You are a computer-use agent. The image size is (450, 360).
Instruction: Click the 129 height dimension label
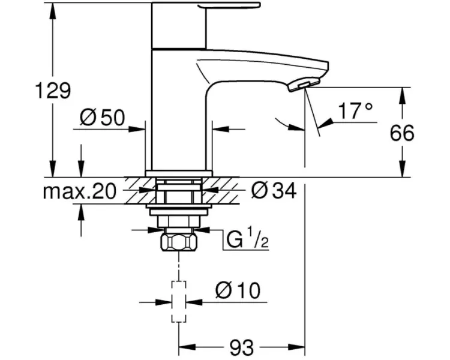[53, 90]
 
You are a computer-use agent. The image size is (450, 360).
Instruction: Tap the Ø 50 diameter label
[103, 118]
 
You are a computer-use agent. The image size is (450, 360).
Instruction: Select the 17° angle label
[355, 110]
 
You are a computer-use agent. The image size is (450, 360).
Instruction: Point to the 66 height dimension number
[402, 133]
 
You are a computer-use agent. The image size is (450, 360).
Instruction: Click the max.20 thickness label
[79, 191]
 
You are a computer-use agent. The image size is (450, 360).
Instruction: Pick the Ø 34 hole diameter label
[274, 191]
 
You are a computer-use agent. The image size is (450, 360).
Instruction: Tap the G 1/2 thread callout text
[248, 239]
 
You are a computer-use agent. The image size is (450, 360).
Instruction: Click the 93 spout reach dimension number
[242, 347]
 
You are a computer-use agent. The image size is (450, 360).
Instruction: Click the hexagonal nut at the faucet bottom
[179, 242]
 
